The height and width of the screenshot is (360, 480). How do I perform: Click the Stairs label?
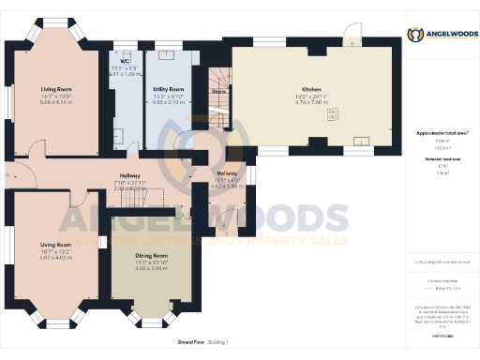click(x=218, y=92)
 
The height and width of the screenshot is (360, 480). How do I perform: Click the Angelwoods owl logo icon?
click(x=414, y=36)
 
